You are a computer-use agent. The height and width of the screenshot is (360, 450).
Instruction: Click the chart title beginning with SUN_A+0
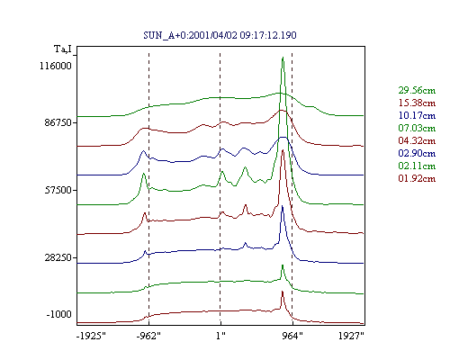point(220,35)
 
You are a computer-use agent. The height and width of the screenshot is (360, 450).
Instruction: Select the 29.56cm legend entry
point(417,90)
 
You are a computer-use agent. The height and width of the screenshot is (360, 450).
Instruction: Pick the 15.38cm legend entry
point(417,103)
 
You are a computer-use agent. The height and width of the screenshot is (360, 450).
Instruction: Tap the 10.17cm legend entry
point(417,115)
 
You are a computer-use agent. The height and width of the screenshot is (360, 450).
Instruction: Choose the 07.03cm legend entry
point(417,128)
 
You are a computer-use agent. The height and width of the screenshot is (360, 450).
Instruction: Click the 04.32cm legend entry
point(417,140)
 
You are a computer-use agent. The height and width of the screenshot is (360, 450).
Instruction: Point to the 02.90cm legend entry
point(417,153)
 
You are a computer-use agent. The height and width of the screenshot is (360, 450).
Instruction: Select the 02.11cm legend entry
point(417,166)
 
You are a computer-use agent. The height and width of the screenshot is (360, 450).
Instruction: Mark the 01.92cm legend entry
point(417,178)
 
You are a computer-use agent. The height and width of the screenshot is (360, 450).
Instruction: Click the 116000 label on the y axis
point(56,66)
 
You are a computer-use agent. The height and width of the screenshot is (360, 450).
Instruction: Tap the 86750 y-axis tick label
point(58,122)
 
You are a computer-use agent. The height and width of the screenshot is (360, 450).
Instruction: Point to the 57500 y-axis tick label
point(58,190)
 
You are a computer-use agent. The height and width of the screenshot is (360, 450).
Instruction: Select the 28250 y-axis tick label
point(58,257)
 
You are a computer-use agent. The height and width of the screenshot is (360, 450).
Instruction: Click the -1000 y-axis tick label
point(58,314)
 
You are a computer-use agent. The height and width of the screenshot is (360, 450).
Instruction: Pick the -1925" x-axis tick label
point(91,336)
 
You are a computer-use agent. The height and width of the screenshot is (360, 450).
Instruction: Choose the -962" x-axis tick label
point(148,336)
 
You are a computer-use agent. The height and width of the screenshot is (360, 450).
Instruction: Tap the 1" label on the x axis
point(220,336)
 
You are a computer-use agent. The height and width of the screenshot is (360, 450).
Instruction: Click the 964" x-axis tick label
point(292,336)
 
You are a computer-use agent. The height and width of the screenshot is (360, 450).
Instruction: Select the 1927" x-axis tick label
point(351,336)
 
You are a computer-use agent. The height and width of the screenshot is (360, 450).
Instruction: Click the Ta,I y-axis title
point(63,49)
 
